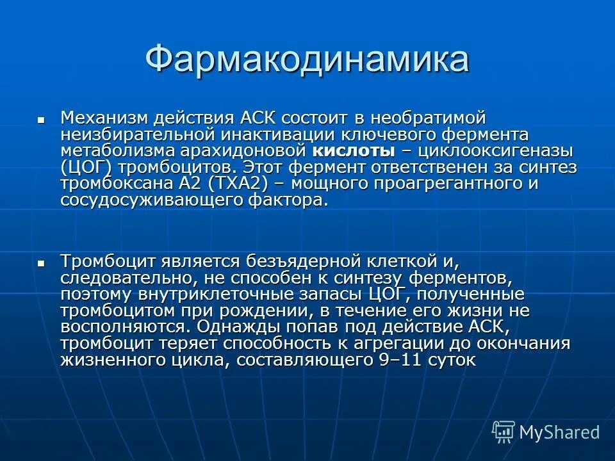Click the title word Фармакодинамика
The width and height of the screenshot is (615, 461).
point(307,60)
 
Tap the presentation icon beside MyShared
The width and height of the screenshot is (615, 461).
point(504,431)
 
